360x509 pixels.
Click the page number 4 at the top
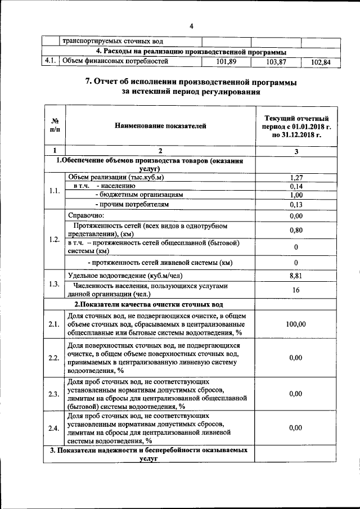click(191, 26)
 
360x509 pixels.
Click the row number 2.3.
click(54, 394)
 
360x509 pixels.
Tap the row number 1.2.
click(54, 240)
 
